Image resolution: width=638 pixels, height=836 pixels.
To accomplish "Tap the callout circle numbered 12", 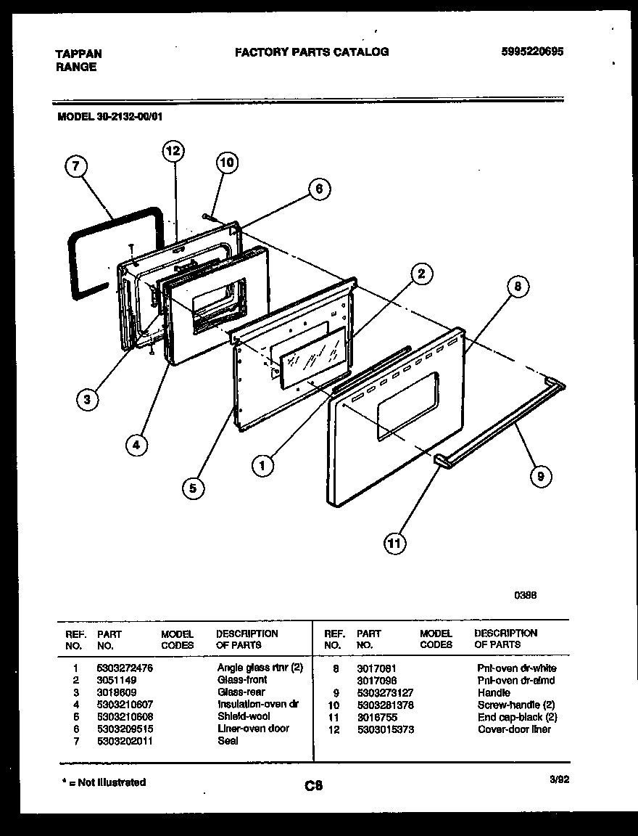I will [172, 151].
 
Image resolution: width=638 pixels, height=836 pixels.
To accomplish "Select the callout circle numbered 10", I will [227, 163].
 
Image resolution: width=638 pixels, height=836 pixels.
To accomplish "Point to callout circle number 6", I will [318, 189].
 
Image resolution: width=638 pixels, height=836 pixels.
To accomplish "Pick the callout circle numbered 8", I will [517, 286].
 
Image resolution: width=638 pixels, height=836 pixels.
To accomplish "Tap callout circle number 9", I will [540, 476].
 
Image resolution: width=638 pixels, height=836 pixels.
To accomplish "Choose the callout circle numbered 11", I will [395, 542].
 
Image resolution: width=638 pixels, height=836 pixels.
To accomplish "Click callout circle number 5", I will [193, 488].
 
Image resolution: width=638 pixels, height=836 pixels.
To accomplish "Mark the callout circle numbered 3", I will [87, 398].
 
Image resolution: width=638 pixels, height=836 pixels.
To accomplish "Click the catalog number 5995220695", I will [532, 52].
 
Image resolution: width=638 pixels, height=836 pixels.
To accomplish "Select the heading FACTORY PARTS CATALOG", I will [311, 52].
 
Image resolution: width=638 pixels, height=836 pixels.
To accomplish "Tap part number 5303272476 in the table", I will [125, 668].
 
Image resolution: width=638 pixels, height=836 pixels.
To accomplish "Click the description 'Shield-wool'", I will [244, 716].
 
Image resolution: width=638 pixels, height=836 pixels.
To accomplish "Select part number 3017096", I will [376, 680].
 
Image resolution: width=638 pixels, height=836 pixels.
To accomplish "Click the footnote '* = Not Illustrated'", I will [102, 782].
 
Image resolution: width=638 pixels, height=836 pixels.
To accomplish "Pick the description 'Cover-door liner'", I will [513, 729].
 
